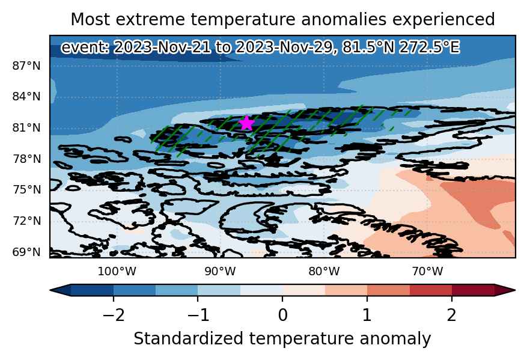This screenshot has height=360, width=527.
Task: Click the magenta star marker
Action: [247, 123]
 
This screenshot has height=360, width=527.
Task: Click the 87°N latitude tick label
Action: [26, 66]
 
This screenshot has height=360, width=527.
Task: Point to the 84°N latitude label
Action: [26, 97]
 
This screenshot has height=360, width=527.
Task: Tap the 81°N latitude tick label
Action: [26, 128]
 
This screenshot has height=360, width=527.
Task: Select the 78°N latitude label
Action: [26, 159]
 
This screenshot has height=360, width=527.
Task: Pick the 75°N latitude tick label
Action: [26, 190]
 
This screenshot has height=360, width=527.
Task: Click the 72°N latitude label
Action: [26, 221]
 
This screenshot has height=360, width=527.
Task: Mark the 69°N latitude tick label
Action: [26, 252]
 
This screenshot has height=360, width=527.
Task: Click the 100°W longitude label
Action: [117, 271]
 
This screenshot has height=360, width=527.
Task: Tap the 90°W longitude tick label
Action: [221, 271]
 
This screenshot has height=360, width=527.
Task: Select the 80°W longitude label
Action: [324, 271]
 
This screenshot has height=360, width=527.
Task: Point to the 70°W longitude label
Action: [427, 271]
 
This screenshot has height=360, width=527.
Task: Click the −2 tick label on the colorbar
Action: [114, 316]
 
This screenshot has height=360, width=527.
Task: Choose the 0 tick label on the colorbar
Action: [282, 316]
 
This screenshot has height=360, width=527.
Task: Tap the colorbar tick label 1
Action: [367, 316]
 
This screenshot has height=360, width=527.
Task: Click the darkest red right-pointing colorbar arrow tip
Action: [515, 290]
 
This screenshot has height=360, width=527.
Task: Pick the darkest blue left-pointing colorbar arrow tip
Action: [50, 290]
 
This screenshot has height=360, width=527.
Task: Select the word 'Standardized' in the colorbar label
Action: [188, 339]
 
